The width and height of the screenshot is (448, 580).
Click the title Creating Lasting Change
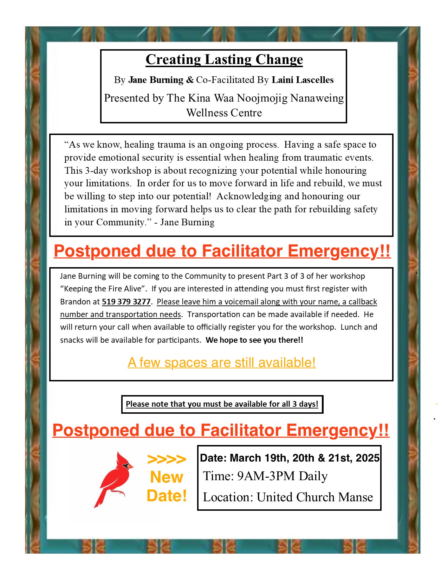coord(224,59)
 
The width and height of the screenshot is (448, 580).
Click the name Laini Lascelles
coord(303,80)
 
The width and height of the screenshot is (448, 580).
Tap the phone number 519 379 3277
coord(126,302)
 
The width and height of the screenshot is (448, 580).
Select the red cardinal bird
coord(114,478)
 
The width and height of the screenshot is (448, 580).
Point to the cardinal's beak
coord(130,467)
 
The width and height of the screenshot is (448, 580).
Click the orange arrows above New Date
coord(167,459)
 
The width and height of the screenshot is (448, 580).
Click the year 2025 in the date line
coord(368,458)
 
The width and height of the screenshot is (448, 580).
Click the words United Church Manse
coord(314,497)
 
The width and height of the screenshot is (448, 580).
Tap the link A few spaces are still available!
coord(222,362)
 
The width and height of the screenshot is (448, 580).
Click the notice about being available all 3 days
coord(222,404)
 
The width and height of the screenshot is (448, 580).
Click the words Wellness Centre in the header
coord(224,113)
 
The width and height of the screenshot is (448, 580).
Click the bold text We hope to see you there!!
coord(254,340)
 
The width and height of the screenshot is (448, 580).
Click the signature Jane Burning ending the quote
coord(187,222)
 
